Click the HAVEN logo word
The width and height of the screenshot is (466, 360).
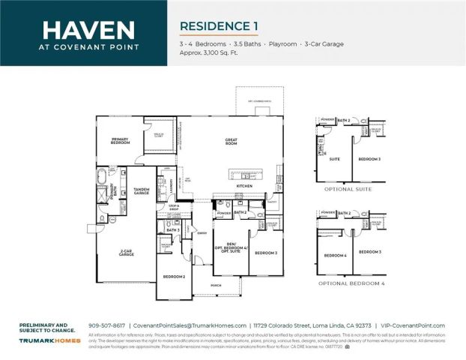point(88,30)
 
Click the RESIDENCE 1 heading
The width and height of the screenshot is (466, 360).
point(219,25)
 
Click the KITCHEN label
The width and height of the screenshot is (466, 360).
point(245,185)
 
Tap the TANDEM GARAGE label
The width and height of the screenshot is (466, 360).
point(141,191)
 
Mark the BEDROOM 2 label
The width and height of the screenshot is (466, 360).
point(174,277)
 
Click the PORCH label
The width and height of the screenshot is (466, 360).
point(216,285)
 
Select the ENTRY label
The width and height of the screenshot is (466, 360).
point(202,233)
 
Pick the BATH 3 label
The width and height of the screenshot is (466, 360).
point(172,229)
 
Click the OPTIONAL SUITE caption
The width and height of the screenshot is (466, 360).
point(349,189)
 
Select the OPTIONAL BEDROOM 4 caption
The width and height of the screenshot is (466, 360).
point(351,283)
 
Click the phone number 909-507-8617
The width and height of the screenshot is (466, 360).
point(107,325)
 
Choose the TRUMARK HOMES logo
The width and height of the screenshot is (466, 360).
point(50,340)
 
